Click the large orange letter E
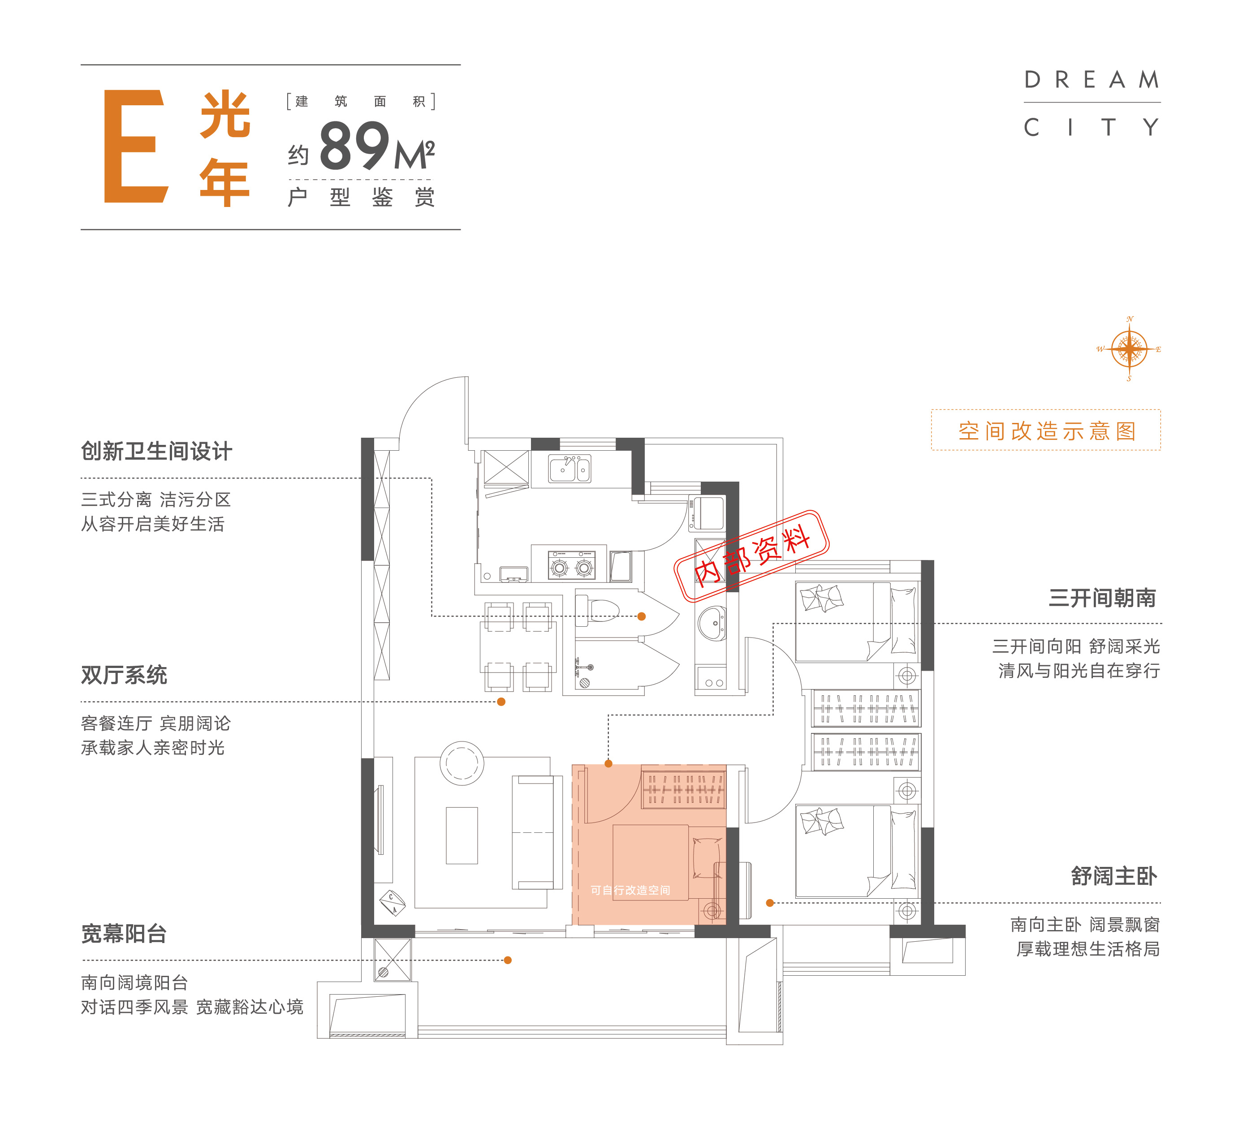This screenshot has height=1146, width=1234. tap(136, 146)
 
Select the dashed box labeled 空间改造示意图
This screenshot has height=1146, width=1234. tap(1045, 430)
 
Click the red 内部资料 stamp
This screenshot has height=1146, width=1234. tap(751, 556)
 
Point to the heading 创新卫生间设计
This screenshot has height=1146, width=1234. tap(156, 451)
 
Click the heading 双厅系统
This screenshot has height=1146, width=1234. tap(124, 675)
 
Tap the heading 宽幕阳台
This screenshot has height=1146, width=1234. tap(124, 933)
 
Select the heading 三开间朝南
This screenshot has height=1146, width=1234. tap(1102, 598)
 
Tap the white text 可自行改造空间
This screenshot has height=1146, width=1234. tap(630, 890)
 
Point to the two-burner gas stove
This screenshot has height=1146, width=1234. tap(571, 565)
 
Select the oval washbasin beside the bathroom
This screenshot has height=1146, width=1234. tap(712, 623)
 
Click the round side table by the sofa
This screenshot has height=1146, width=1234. tap(462, 763)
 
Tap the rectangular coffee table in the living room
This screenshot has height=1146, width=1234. tap(462, 836)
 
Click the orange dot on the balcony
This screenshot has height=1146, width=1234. tap(508, 960)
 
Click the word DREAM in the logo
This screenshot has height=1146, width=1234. tap(1092, 79)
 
